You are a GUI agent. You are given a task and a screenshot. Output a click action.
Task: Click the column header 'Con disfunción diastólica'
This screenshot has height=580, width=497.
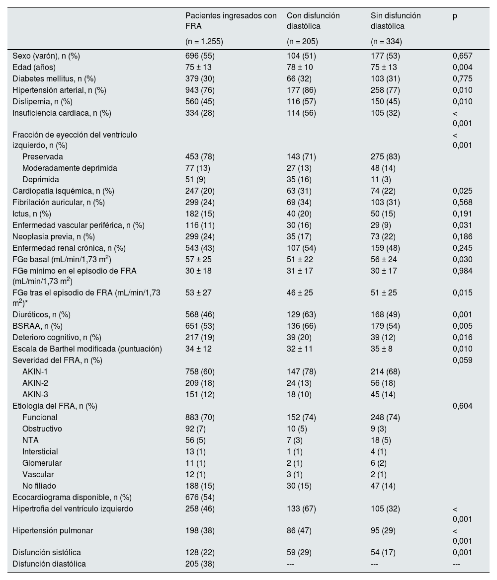313,21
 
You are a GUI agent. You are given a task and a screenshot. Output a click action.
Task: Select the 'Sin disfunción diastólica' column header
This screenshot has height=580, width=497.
392,21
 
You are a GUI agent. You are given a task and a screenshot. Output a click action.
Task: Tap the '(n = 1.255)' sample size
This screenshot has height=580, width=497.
204,42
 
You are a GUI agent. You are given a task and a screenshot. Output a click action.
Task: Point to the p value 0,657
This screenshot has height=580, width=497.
462,56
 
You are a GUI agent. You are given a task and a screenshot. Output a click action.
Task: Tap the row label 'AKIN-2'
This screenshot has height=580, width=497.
35,383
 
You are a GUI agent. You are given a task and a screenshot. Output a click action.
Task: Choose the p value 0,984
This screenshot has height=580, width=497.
462,271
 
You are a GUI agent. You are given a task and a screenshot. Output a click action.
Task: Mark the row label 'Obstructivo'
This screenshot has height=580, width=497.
42,429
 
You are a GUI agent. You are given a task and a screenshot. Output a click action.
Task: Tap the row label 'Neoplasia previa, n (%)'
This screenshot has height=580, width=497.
54,236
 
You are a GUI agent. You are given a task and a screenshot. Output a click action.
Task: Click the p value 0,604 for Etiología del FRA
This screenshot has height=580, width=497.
462,406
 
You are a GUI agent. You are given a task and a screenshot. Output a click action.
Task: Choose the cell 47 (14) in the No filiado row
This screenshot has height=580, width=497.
380,486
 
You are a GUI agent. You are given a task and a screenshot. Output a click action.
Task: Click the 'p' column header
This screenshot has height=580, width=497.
455,16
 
